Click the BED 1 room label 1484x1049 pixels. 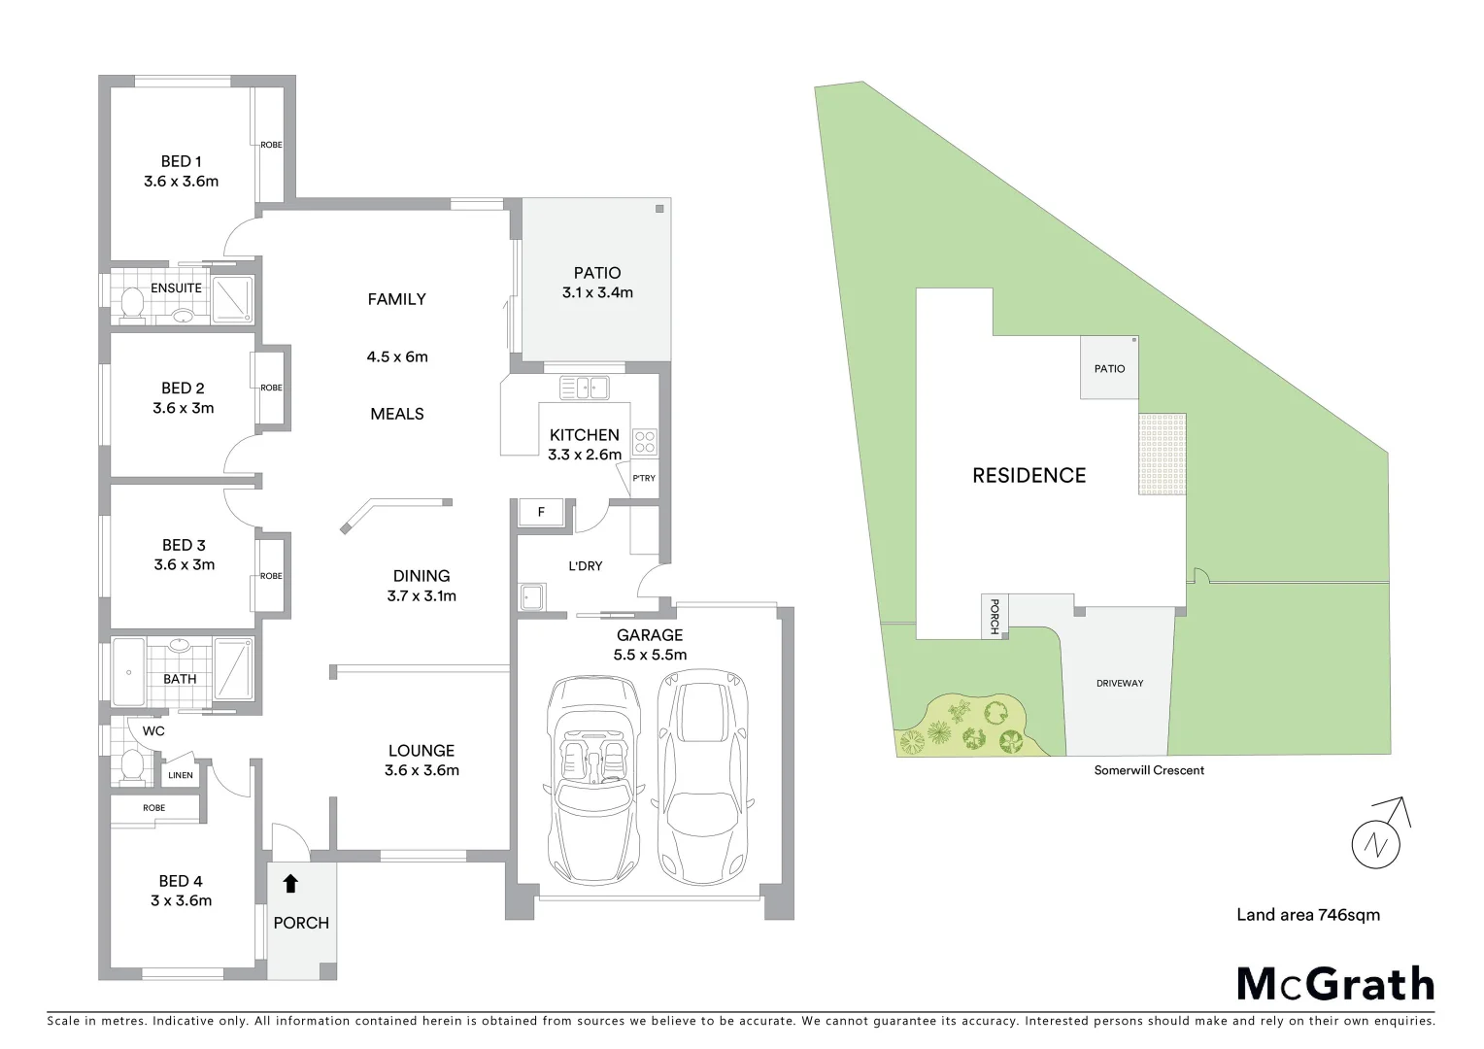pos(181,162)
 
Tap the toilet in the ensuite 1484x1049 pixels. pos(131,304)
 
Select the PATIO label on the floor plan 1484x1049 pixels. pos(596,273)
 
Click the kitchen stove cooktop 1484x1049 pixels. pos(645,442)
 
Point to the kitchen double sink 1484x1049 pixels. pos(583,388)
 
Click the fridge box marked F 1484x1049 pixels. pos(541,511)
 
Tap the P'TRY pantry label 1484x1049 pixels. pos(644,478)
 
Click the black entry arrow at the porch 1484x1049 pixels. pos(289,883)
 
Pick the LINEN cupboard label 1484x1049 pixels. pos(181,775)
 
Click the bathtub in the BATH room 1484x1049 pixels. pos(128,671)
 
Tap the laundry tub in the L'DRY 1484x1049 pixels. pos(532,596)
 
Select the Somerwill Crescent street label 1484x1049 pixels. pos(1148,770)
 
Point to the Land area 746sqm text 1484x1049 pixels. pos(1307,914)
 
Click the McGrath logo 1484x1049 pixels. pos(1334,984)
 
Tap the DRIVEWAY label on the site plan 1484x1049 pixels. pos(1120,683)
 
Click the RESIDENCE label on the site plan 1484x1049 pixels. pos(1029,475)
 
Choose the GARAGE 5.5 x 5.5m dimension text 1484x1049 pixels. pos(650,655)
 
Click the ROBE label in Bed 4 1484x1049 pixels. pos(153,808)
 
